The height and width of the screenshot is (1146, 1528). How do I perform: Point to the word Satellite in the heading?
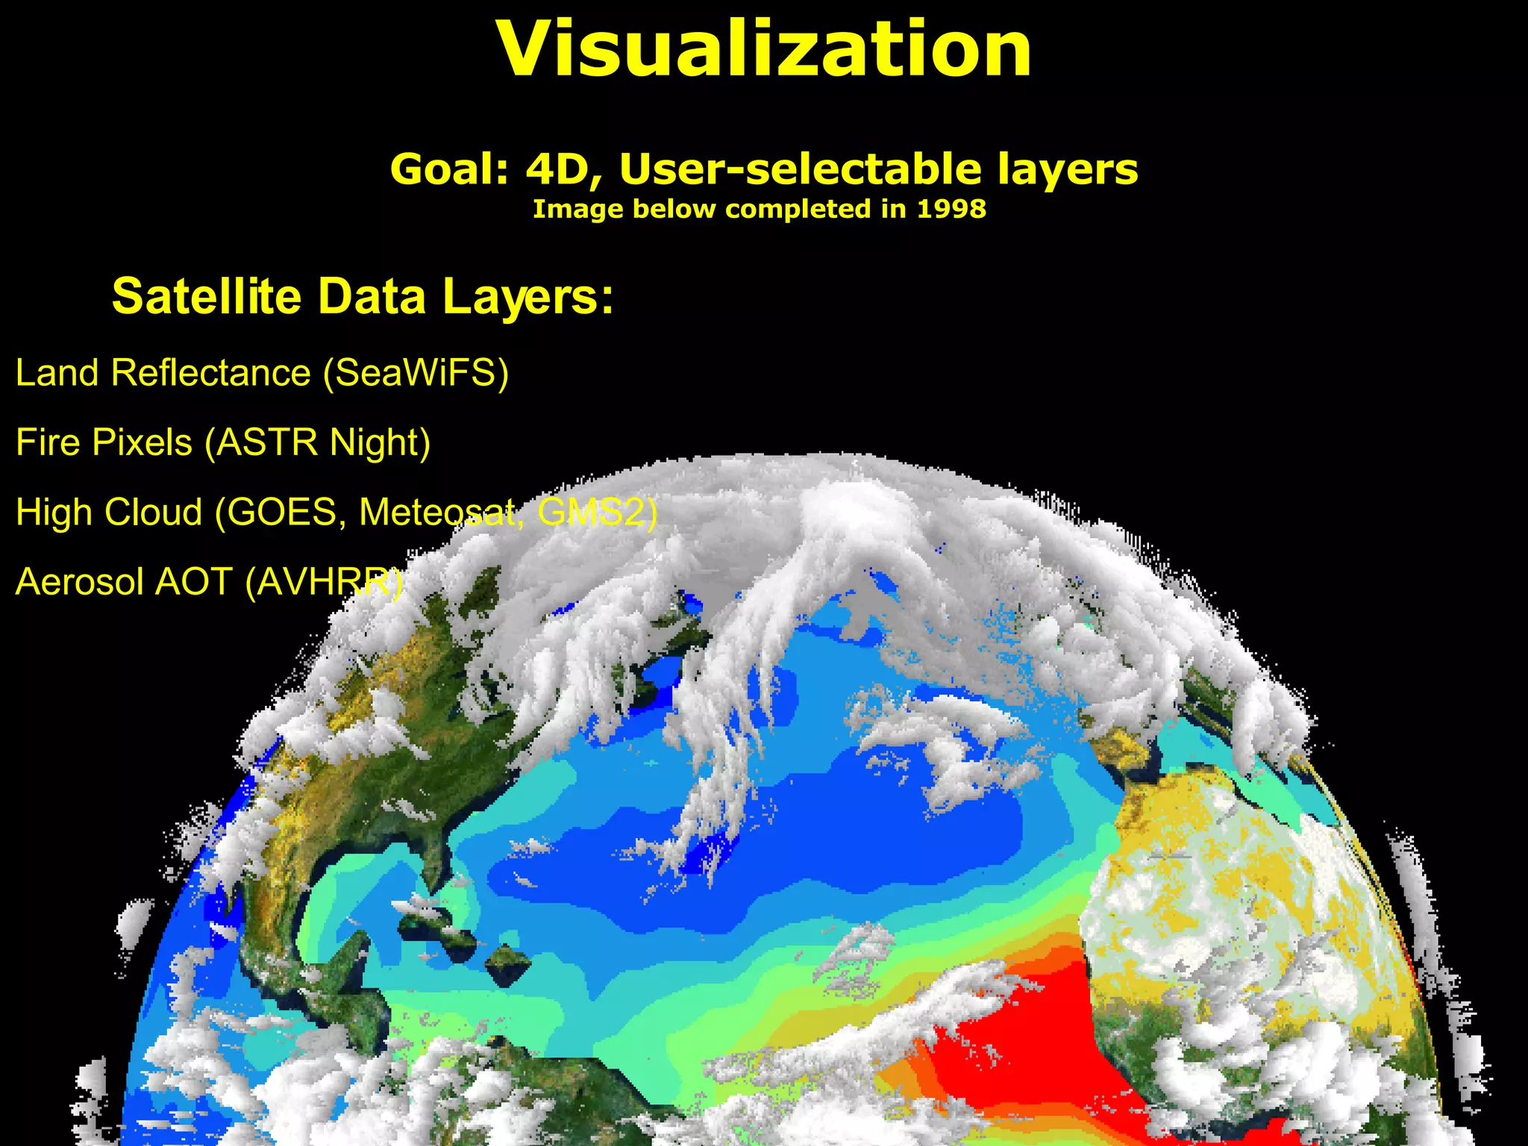206,296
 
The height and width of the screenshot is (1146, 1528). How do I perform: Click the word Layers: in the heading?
528,296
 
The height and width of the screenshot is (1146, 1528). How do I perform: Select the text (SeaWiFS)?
416,372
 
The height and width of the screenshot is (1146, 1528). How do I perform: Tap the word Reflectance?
210,372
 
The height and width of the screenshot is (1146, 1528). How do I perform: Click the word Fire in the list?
48,442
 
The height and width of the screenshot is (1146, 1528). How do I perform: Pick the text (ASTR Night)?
318,442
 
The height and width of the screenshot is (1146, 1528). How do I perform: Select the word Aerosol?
79,581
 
